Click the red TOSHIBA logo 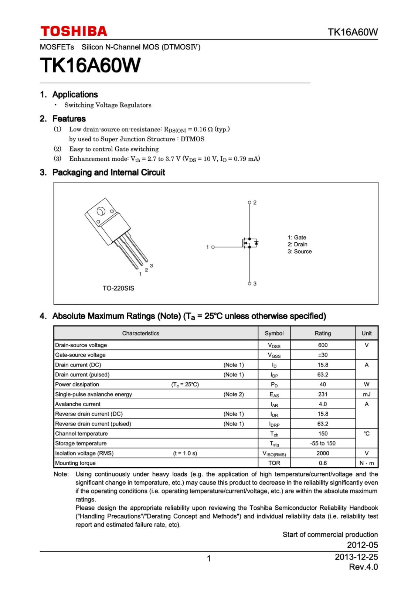(x=74, y=31)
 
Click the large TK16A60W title (x=90, y=65)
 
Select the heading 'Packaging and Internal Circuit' (x=108, y=172)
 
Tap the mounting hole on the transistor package (x=100, y=212)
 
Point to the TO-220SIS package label (x=118, y=288)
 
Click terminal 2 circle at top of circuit (x=249, y=202)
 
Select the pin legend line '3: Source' (x=300, y=252)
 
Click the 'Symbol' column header (x=274, y=333)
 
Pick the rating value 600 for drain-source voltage (x=323, y=345)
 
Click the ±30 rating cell (x=323, y=355)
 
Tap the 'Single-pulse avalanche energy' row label (x=94, y=394)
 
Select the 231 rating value (x=323, y=394)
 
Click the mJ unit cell (x=366, y=394)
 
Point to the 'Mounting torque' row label (x=75, y=463)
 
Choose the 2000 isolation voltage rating (x=323, y=453)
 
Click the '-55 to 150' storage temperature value (x=323, y=443)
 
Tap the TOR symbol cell (x=274, y=463)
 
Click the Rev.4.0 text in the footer (x=363, y=567)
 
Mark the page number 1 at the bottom (x=209, y=558)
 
